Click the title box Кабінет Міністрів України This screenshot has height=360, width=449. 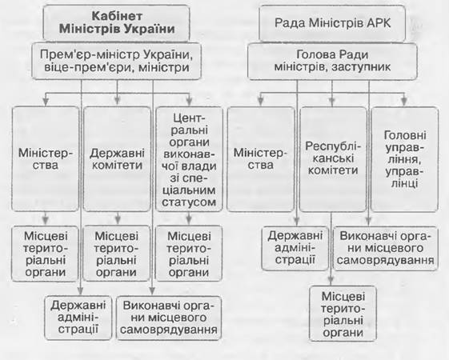[116, 23]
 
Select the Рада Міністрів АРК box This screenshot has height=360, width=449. [332, 23]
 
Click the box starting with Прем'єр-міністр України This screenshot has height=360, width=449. [116, 61]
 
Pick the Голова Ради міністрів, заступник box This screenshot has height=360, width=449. [332, 61]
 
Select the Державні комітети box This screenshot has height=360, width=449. [117, 159]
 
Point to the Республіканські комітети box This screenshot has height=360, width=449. [333, 159]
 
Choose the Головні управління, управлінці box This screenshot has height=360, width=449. [405, 159]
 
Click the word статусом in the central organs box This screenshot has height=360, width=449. [189, 202]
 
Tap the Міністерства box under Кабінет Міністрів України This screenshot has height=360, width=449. [46, 159]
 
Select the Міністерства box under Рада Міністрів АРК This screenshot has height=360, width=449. [261, 159]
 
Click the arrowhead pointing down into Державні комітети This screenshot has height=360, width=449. [117, 101]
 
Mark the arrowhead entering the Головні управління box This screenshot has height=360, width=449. [403, 102]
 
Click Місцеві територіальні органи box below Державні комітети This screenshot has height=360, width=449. [117, 254]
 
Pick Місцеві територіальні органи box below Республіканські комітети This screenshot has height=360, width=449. [343, 314]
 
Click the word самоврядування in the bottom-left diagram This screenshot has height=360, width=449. [169, 330]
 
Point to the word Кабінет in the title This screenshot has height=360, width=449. [117, 16]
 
